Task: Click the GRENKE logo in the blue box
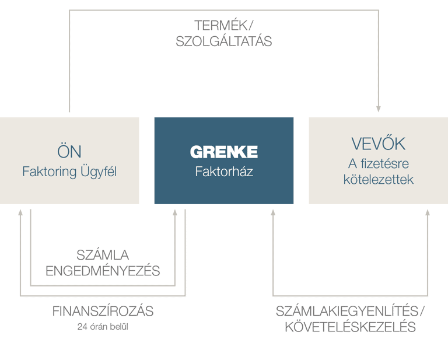(x=223, y=152)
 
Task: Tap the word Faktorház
(x=223, y=172)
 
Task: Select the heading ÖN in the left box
(x=69, y=151)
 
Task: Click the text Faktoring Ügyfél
(x=69, y=172)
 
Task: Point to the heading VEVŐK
(x=378, y=144)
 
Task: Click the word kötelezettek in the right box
(x=378, y=180)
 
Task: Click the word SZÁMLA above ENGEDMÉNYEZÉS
(x=103, y=255)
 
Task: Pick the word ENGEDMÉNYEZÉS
(x=103, y=271)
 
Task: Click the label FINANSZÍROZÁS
(x=103, y=311)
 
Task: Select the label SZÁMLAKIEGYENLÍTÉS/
(x=350, y=311)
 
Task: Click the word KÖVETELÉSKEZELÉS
(x=350, y=327)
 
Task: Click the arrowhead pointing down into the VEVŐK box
(x=378, y=109)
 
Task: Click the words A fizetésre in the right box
(x=378, y=165)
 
